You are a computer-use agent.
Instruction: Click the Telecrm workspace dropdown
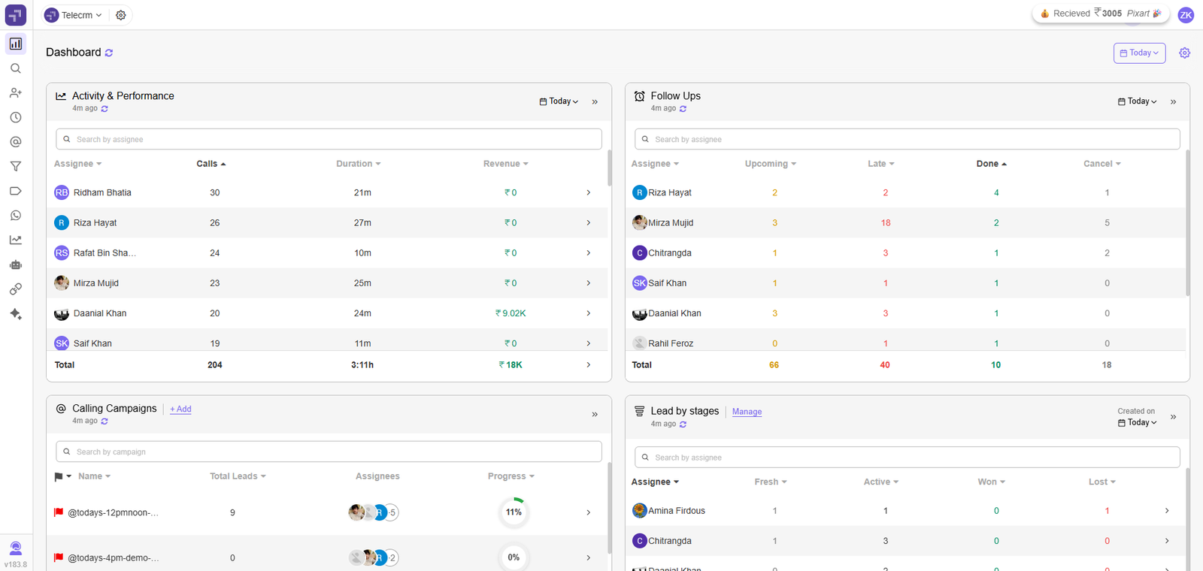tap(74, 15)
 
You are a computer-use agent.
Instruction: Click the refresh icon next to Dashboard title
tap(109, 53)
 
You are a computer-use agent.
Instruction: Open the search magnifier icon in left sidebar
tap(15, 68)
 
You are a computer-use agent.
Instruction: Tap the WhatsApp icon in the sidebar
tap(15, 216)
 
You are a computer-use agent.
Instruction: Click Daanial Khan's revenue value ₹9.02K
tap(511, 313)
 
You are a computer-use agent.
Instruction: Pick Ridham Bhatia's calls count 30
tap(215, 193)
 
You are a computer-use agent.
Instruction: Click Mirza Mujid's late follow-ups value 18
tap(885, 223)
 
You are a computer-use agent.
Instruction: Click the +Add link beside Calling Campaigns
tap(180, 409)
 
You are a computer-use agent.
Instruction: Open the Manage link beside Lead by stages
tap(747, 412)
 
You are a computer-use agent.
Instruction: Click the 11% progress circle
tap(514, 512)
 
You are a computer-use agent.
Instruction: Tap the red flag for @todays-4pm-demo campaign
tap(59, 557)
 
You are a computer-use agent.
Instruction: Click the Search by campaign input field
tap(329, 452)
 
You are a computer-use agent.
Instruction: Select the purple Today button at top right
tap(1139, 53)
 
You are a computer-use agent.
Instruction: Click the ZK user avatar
tap(1186, 15)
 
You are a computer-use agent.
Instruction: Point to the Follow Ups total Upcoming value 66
tap(774, 365)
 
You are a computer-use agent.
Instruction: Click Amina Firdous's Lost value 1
tap(1107, 511)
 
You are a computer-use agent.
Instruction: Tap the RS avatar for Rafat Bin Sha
tap(62, 253)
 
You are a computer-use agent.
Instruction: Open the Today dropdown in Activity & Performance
tap(559, 101)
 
